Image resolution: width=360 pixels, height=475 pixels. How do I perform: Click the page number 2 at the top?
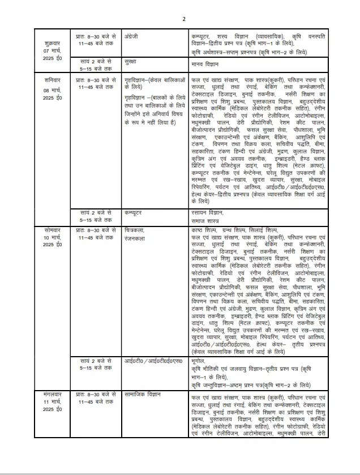click(x=183, y=20)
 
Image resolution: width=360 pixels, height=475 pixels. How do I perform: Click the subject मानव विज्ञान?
click(x=205, y=63)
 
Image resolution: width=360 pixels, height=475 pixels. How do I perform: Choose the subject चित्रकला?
click(x=136, y=230)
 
